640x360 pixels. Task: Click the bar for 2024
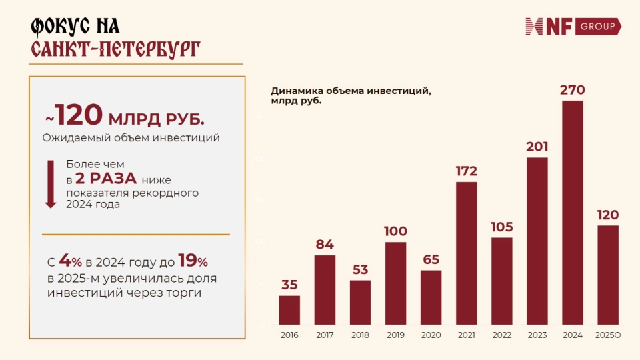pyautogui.click(x=573, y=213)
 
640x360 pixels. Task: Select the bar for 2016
pyautogui.click(x=289, y=310)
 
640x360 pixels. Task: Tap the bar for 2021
pyautogui.click(x=467, y=253)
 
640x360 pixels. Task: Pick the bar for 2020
pyautogui.click(x=431, y=297)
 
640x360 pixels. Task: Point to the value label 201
pyautogui.click(x=537, y=147)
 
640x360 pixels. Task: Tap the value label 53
pyautogui.click(x=360, y=269)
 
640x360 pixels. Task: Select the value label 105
pyautogui.click(x=502, y=227)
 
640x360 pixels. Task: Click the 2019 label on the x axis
pyautogui.click(x=395, y=335)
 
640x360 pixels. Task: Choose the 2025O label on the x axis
pyautogui.click(x=607, y=335)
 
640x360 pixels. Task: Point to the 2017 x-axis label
pyautogui.click(x=325, y=335)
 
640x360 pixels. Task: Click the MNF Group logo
pyautogui.click(x=573, y=26)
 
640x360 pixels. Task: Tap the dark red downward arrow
pyautogui.click(x=51, y=184)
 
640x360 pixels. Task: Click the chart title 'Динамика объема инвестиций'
pyautogui.click(x=351, y=91)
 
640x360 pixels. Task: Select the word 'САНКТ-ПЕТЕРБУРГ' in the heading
pyautogui.click(x=115, y=49)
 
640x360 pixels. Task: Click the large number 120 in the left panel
pyautogui.click(x=79, y=115)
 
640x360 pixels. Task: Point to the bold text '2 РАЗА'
pyautogui.click(x=106, y=178)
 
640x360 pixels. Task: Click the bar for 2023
pyautogui.click(x=537, y=241)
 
